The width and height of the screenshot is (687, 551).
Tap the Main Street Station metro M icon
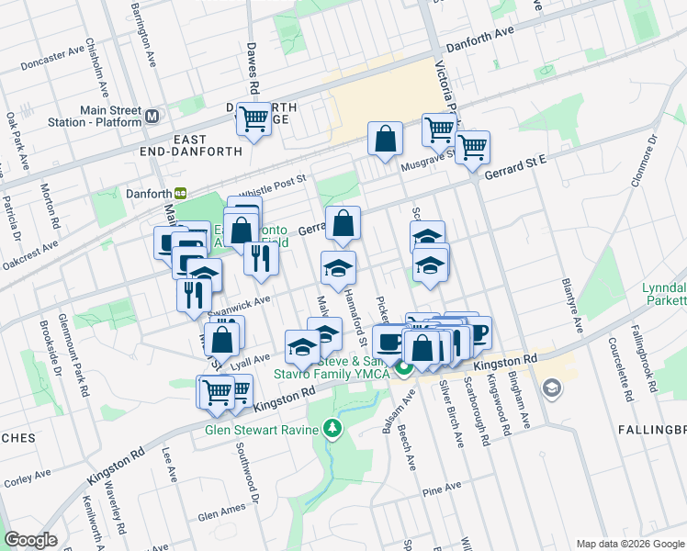(x=152, y=117)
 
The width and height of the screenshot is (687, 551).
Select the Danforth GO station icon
(x=182, y=193)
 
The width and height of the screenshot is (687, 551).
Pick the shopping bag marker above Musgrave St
(x=385, y=139)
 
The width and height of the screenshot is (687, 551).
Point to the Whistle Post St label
(x=271, y=187)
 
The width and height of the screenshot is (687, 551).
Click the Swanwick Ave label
(x=242, y=301)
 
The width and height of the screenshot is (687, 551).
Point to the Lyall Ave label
(x=251, y=358)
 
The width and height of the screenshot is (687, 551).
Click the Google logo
(x=31, y=539)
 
